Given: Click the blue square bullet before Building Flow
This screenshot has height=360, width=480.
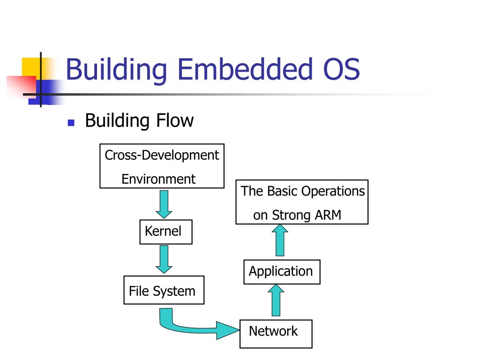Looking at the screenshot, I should pos(71,123).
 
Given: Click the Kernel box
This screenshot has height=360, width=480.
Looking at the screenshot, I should pos(166,232).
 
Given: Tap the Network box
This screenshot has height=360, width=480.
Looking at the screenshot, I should pos(276,333).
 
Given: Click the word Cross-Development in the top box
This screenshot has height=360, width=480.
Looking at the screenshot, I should pos(162,155).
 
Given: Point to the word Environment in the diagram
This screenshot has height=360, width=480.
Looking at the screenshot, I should pos(158,179).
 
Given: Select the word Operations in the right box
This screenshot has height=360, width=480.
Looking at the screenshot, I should pos(333,191).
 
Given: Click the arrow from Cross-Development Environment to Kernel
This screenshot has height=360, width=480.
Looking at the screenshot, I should pos(164,203).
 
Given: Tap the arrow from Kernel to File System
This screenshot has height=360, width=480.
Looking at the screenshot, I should pos(164,260).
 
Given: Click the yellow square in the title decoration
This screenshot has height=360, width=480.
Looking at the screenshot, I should pos(30,66).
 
